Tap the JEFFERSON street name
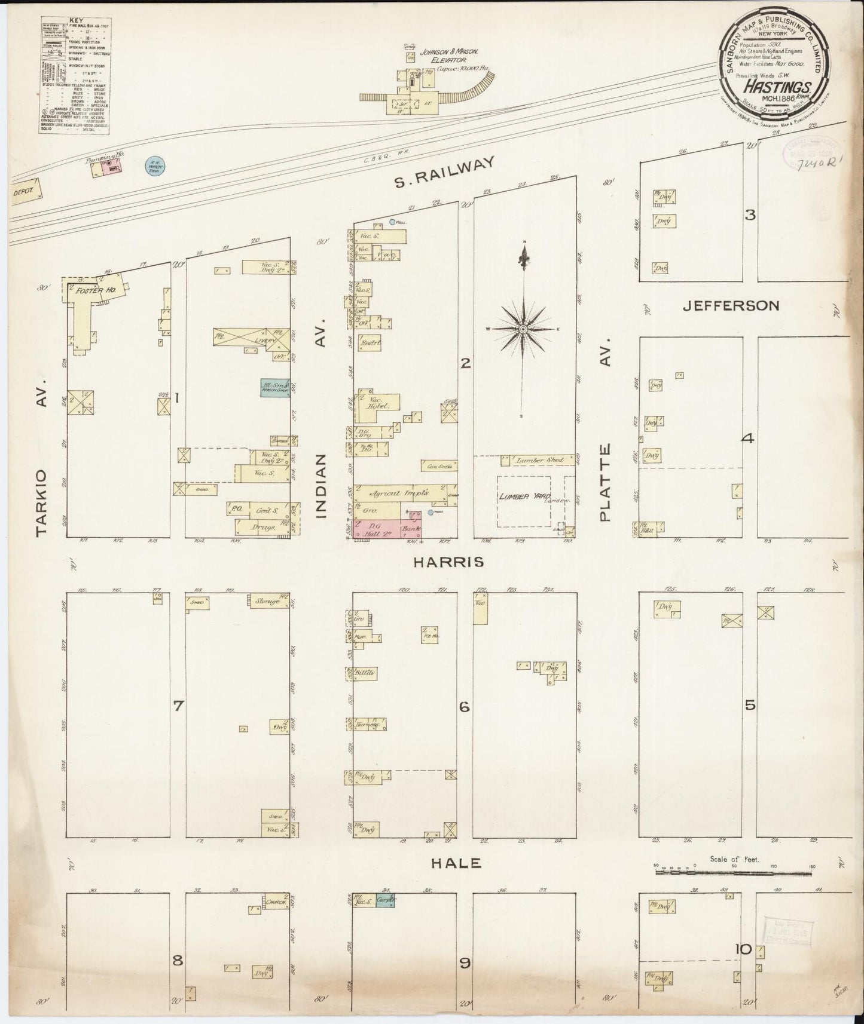click(731, 306)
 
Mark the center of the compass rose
click(524, 329)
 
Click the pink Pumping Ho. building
click(112, 169)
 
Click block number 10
click(743, 949)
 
